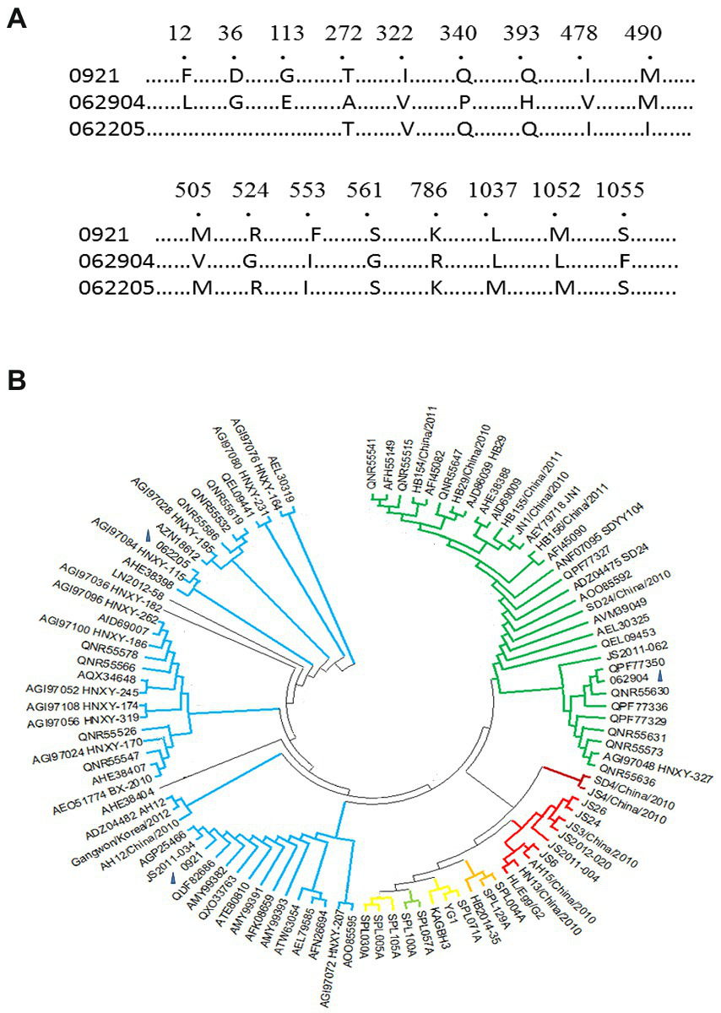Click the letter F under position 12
click(x=187, y=77)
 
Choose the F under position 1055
click(x=623, y=261)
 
